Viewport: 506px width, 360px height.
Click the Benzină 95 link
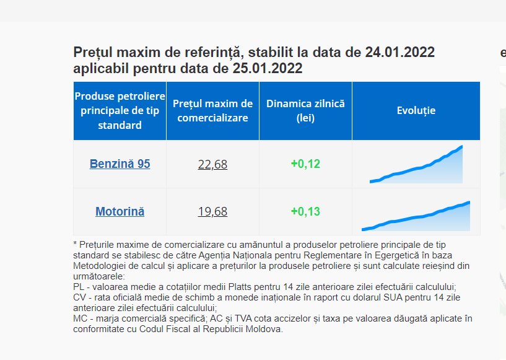[x=120, y=164]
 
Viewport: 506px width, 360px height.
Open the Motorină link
[x=120, y=211]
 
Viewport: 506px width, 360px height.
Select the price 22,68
[x=212, y=164]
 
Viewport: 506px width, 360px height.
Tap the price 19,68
[x=212, y=211]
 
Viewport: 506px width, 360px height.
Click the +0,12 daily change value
[x=305, y=164]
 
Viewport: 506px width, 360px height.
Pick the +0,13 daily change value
[x=305, y=211]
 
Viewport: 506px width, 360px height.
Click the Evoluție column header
[x=416, y=111]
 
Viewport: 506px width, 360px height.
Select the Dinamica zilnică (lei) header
[x=305, y=111]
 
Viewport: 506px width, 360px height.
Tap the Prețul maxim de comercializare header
[x=212, y=111]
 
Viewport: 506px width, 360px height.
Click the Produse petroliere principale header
[x=120, y=111]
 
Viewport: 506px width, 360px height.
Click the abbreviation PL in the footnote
[x=79, y=287]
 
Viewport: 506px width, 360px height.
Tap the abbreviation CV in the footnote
[x=79, y=297]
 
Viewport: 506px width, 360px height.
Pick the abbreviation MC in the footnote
[x=80, y=318]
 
